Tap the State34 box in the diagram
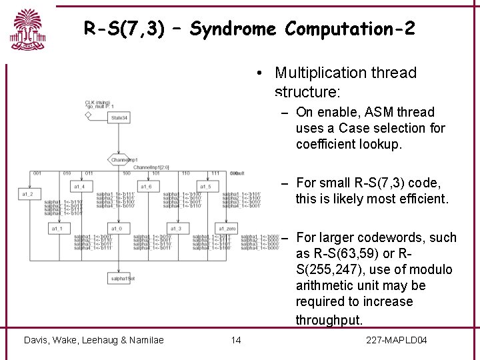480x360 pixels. [120, 117]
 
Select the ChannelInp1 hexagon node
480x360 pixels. [123, 160]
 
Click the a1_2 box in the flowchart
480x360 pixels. [27, 194]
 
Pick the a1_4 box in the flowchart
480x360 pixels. [79, 187]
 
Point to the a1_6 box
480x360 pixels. [145, 187]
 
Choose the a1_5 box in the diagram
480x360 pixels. [205, 187]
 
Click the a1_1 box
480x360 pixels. [57, 229]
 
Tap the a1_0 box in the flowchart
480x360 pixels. [116, 229]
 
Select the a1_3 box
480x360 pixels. [175, 229]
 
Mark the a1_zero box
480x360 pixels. [227, 229]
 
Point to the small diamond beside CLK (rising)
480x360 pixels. [88, 115]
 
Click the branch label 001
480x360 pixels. [37, 173]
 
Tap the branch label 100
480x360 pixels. [127, 173]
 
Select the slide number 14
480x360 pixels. [235, 341]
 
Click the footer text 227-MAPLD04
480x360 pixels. [397, 341]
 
